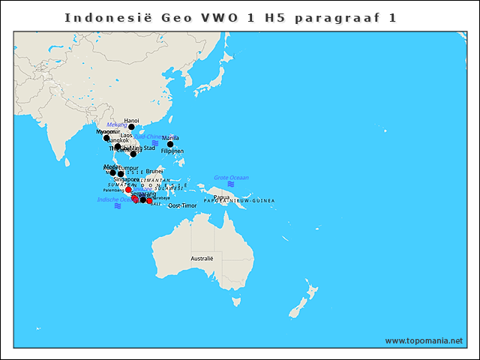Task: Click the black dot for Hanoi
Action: point(131,127)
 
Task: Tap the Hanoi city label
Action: point(131,120)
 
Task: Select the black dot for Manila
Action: point(170,144)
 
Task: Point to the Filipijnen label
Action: point(172,151)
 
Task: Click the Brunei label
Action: point(154,171)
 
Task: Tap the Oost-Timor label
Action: point(182,205)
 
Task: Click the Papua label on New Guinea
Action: point(221,196)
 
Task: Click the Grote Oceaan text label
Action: point(231,178)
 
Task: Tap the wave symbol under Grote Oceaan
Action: point(231,184)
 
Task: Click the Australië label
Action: point(202,258)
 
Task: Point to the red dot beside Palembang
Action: point(128,190)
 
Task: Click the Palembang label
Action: point(113,190)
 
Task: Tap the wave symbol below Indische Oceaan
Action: point(118,206)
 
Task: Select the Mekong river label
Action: point(117,124)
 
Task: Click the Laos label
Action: point(126,135)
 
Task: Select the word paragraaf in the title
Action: point(325,16)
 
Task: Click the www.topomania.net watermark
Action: point(424,340)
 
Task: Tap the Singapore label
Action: point(126,179)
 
